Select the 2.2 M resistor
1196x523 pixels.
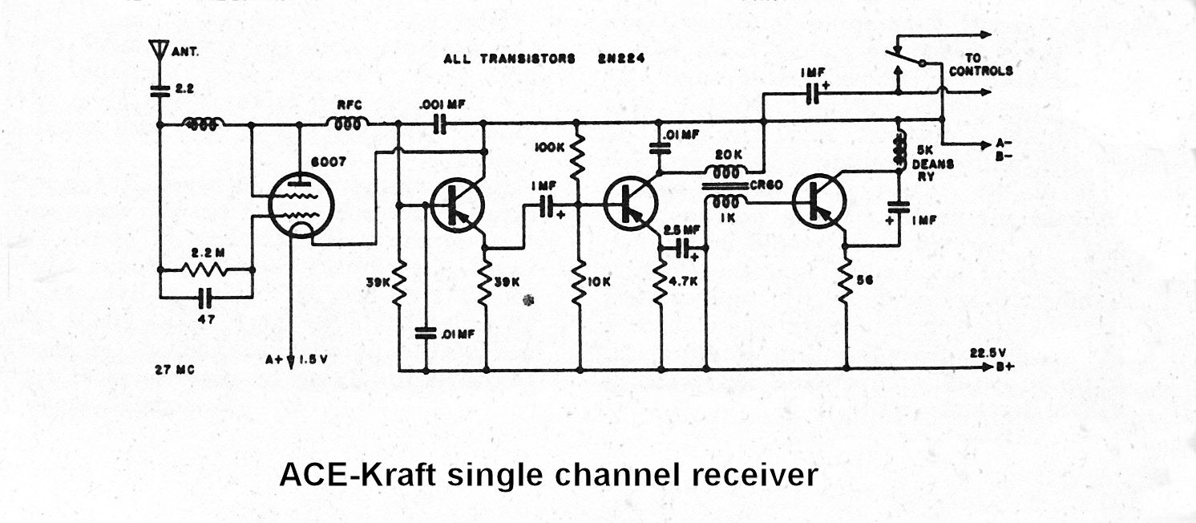(206, 270)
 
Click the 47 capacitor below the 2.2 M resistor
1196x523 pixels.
(206, 299)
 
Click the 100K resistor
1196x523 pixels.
(578, 158)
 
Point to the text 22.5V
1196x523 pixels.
(988, 352)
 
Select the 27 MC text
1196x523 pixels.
(174, 370)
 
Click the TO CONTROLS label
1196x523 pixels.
(980, 65)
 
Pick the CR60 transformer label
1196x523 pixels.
(761, 186)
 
